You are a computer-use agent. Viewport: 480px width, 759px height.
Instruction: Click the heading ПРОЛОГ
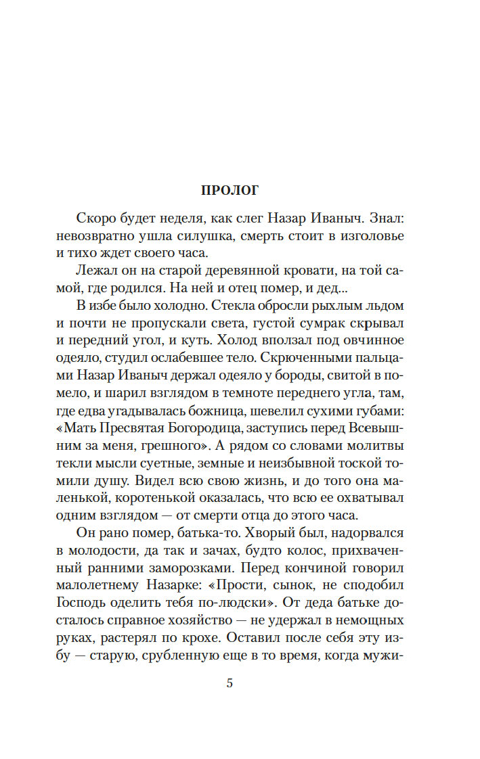[x=230, y=190]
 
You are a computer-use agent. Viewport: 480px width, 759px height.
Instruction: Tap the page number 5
[x=230, y=683]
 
